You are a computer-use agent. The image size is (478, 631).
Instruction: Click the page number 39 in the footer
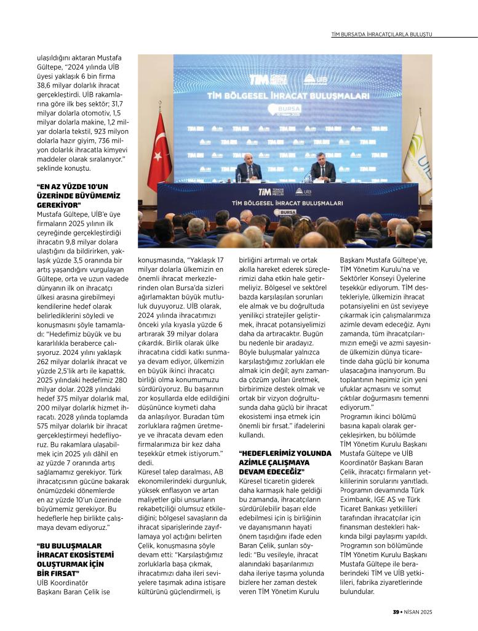coord(397,611)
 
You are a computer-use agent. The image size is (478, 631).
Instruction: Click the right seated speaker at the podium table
coord(322,170)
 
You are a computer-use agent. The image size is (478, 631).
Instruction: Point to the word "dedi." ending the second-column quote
coord(145,462)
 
